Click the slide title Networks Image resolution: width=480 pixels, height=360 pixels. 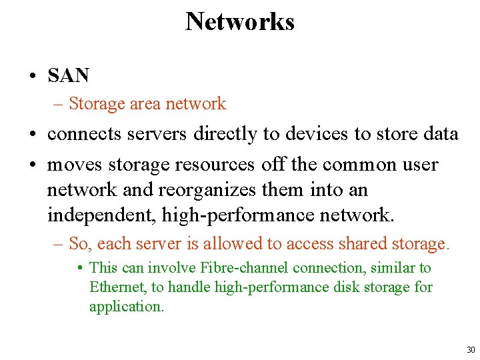click(239, 21)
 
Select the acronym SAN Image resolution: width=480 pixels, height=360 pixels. click(68, 76)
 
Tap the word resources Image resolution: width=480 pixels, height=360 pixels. click(215, 164)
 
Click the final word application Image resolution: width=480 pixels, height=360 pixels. click(127, 307)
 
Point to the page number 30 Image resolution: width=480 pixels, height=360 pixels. click(471, 350)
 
